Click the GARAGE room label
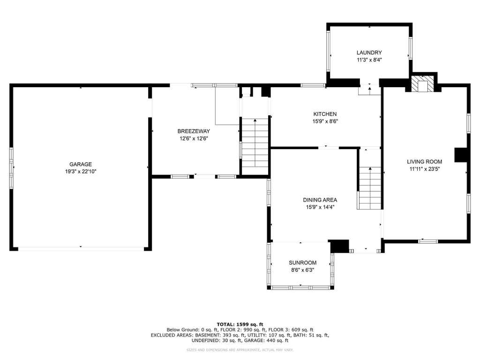pos(81,165)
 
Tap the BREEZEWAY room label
pos(194,131)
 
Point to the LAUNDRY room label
pos(369,52)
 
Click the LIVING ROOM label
pos(425,162)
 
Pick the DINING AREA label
pos(320,200)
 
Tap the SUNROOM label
pos(302,262)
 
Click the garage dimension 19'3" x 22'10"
pos(81,172)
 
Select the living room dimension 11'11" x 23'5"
pos(425,169)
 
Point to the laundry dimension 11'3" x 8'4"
pos(369,60)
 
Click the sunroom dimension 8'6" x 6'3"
pos(302,270)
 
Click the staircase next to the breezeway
pos(255,142)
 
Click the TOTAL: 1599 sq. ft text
pos(240,324)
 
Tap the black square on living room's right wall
pos(461,155)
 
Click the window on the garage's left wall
pos(12,167)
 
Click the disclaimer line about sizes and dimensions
pos(240,350)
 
